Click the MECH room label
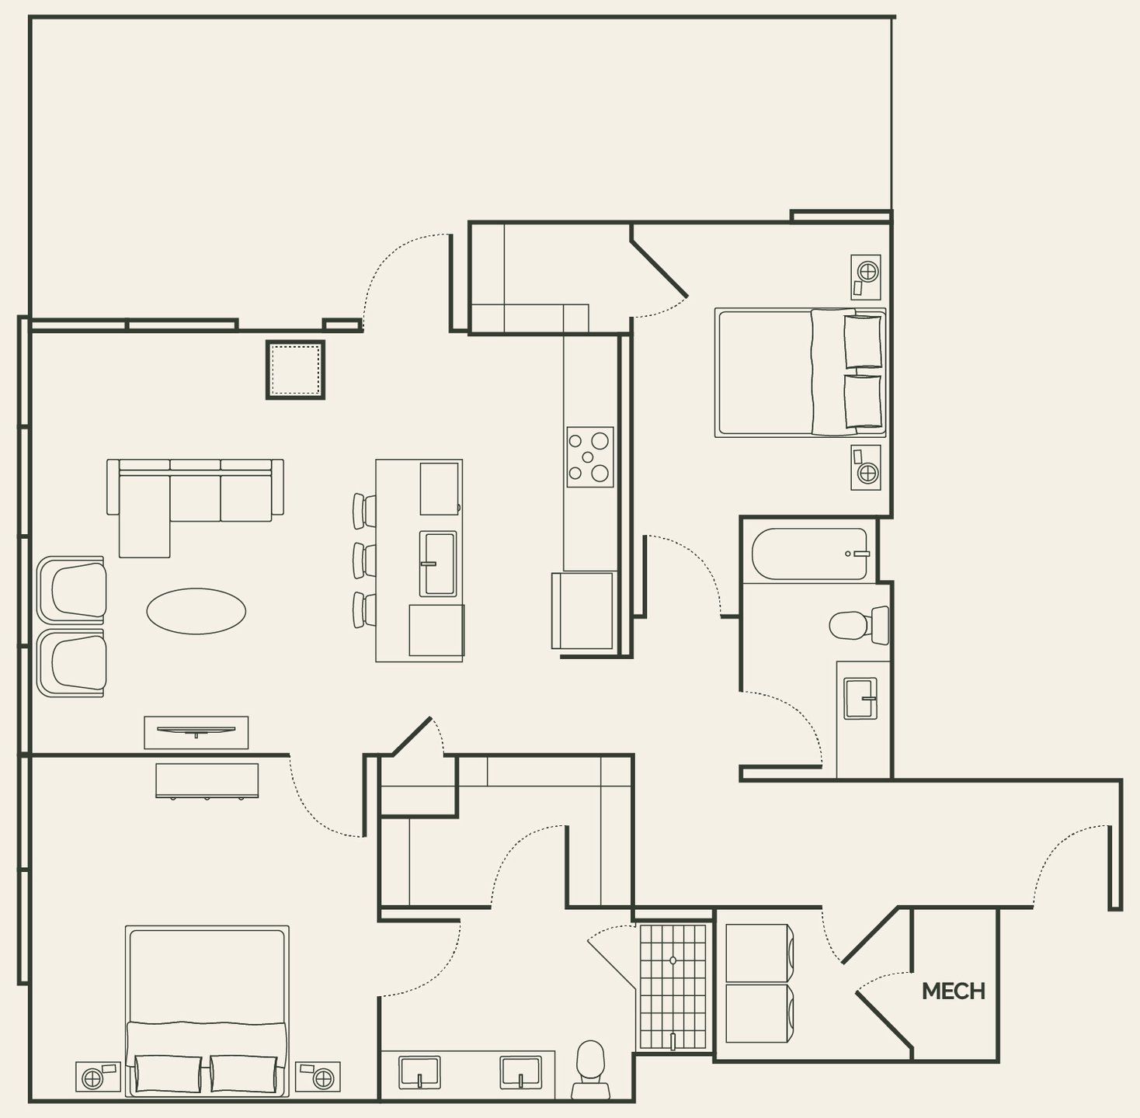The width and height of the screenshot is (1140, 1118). pos(953,991)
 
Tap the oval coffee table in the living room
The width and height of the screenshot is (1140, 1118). pos(196,611)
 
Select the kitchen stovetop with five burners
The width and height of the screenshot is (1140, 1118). pos(589,457)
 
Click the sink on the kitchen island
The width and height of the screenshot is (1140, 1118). pos(438,563)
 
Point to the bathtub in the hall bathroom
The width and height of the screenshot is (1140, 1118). pos(808,554)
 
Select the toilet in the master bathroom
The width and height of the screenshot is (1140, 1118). pos(591,1069)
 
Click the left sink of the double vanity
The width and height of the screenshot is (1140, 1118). pos(419,1072)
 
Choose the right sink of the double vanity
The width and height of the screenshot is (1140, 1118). pos(520,1072)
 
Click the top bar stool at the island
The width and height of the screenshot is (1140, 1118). pos(364,509)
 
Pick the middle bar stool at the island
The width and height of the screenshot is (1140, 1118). pos(364,559)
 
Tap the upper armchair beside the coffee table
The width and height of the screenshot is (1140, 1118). pos(72,590)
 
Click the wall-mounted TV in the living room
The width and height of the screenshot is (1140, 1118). pos(196,731)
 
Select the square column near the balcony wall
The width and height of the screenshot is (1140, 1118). pos(295,370)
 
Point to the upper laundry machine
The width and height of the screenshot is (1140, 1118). pos(758,953)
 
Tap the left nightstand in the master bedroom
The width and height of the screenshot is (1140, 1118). pos(98,1076)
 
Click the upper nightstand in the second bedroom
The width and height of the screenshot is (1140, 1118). pos(866,277)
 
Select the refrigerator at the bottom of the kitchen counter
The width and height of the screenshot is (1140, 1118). pos(583,610)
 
